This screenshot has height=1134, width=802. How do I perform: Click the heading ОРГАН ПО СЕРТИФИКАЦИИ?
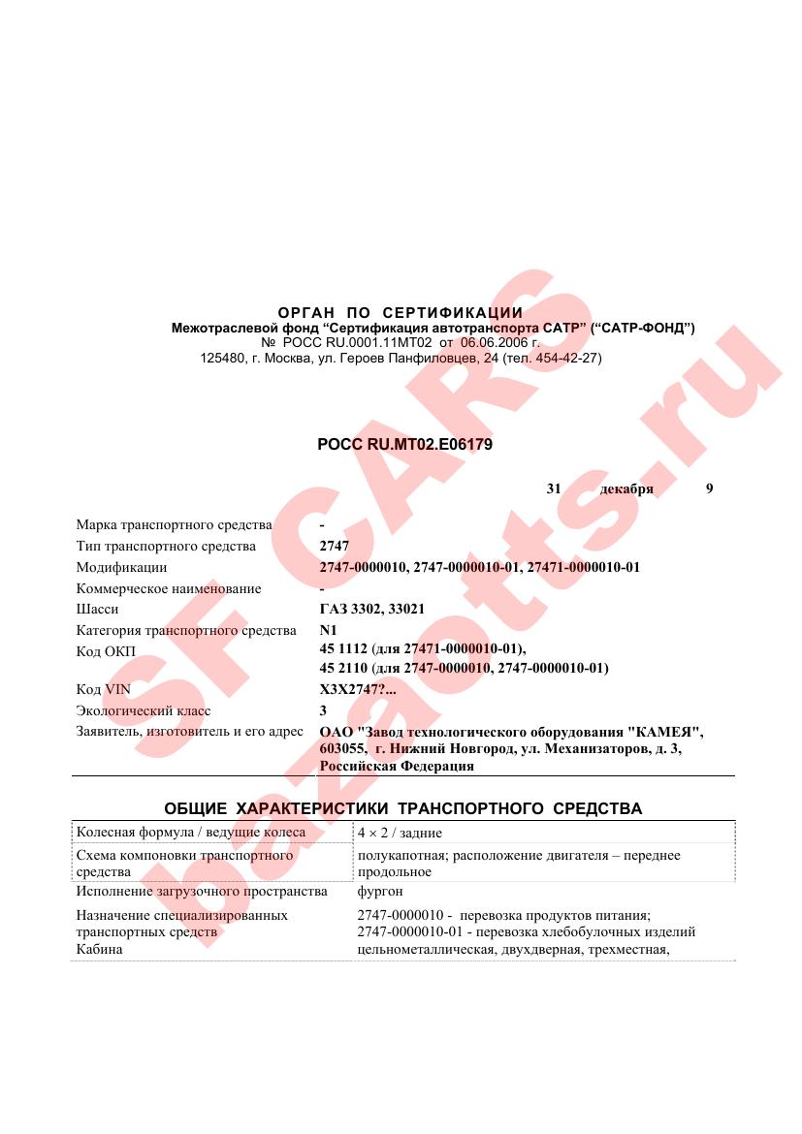coord(401,312)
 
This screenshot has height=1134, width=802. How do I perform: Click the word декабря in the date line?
coord(626,488)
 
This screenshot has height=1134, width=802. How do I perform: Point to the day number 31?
coord(554,488)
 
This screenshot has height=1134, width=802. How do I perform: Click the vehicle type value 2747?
coord(334,546)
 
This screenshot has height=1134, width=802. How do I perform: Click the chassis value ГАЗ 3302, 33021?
coord(372,609)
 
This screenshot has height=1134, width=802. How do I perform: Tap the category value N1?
coord(328,630)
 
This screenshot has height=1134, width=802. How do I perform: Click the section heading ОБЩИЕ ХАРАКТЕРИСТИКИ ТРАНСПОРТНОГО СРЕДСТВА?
coord(402,808)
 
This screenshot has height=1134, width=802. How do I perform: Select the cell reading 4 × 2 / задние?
coord(400,833)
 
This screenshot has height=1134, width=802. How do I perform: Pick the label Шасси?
coord(97,609)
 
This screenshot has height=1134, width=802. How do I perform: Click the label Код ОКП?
coord(106,650)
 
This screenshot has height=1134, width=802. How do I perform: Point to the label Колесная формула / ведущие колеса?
coord(190,833)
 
